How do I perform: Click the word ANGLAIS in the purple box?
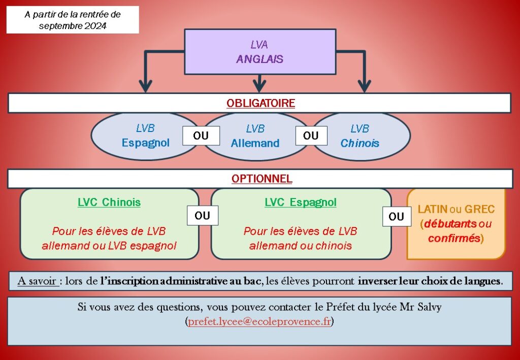pyautogui.click(x=259, y=59)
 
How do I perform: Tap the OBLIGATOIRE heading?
pyautogui.click(x=261, y=103)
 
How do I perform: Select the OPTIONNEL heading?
pyautogui.click(x=262, y=179)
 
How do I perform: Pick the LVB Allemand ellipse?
pyautogui.click(x=255, y=136)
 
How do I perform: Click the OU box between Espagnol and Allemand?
pyautogui.click(x=202, y=136)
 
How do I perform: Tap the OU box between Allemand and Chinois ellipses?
pyautogui.click(x=310, y=136)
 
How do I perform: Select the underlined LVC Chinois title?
pyautogui.click(x=109, y=203)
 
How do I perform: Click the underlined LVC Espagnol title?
pyautogui.click(x=300, y=203)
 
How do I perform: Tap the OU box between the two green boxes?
pyautogui.click(x=202, y=216)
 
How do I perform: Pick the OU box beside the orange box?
pyautogui.click(x=396, y=217)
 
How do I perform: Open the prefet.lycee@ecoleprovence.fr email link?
pyautogui.click(x=259, y=321)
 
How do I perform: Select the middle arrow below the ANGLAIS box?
pyautogui.click(x=259, y=81)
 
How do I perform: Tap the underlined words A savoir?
pyautogui.click(x=37, y=281)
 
